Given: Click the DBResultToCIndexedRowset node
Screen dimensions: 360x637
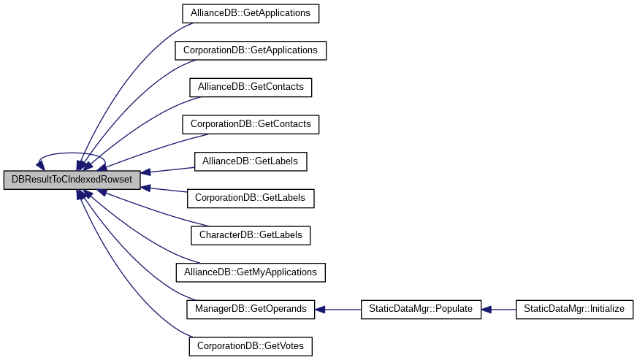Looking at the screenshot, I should coord(71,180).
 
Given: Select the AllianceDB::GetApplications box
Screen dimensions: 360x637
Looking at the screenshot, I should coord(251,13).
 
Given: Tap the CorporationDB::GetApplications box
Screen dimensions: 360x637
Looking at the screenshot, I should coord(251,50).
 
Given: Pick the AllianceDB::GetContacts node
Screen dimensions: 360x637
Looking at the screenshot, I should coord(251,87).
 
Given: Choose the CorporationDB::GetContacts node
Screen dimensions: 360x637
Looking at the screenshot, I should coord(251,124).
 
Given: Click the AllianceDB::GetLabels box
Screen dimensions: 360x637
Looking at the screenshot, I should coord(251,161).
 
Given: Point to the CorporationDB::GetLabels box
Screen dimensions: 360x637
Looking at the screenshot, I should coord(251,198).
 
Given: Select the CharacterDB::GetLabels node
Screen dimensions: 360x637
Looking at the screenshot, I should coord(251,235).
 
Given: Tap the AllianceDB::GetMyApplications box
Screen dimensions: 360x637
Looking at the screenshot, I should coord(251,272).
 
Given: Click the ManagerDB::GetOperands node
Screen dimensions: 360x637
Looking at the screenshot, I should coord(251,309).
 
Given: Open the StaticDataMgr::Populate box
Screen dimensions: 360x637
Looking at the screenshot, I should coord(422,309).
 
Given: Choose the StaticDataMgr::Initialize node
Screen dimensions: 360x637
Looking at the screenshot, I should coord(574,309).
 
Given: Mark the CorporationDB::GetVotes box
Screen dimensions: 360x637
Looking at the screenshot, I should coord(251,346).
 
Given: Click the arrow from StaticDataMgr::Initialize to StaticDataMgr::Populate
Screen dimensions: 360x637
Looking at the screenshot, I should coord(499,309).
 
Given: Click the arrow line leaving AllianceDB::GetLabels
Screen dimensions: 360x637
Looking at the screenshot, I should coord(168,169).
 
